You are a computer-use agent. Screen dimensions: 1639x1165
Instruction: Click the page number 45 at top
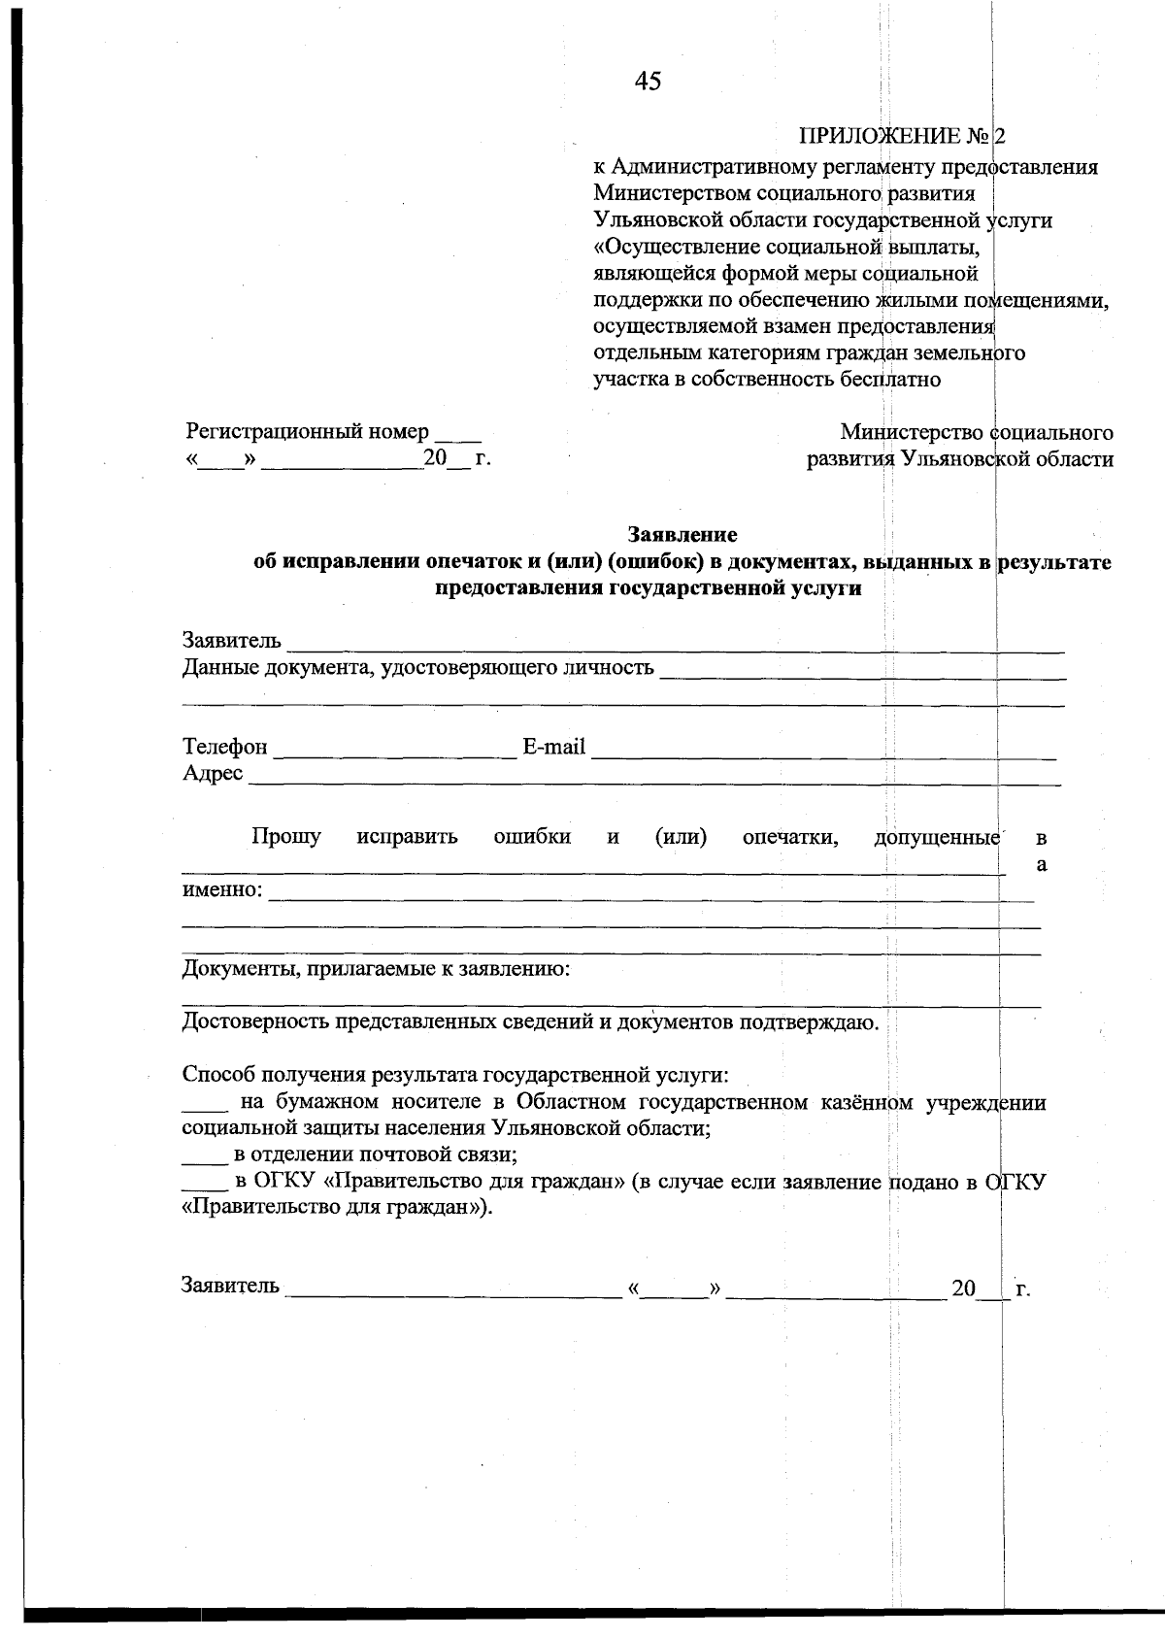(x=648, y=82)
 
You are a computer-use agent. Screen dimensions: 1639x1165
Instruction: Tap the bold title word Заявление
(x=682, y=534)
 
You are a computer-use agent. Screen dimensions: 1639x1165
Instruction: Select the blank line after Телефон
(x=395, y=753)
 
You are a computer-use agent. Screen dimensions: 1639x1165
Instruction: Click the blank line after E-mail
(x=822, y=753)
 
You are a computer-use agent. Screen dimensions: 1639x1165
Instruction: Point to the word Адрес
(x=213, y=774)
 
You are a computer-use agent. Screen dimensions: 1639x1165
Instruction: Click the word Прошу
(x=286, y=836)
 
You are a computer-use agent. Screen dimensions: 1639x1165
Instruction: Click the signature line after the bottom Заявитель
(x=453, y=1293)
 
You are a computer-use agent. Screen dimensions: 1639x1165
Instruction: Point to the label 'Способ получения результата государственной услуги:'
(x=455, y=1075)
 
